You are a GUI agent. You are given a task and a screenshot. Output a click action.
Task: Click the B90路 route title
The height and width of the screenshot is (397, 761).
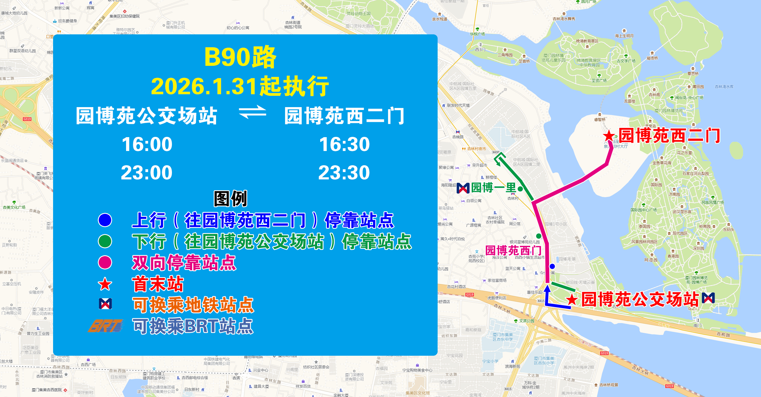[240, 57]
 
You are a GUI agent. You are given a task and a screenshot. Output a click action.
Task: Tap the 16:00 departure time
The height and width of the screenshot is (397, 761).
[147, 144]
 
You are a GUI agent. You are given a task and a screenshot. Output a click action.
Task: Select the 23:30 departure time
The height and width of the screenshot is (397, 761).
[344, 173]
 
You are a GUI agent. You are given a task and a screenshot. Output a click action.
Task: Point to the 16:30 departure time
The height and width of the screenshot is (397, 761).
[344, 144]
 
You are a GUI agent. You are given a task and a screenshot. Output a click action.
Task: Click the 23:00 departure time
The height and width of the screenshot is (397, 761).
[147, 173]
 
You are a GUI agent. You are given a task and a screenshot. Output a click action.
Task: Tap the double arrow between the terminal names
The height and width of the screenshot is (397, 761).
[253, 112]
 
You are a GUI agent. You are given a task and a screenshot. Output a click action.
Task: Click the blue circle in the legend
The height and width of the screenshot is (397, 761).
[105, 220]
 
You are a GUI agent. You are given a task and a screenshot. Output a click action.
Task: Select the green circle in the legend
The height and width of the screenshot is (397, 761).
[105, 241]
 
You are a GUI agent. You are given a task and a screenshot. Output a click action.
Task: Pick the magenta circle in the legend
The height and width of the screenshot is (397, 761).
[105, 262]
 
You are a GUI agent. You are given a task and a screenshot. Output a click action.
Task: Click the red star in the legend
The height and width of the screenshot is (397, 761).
[105, 284]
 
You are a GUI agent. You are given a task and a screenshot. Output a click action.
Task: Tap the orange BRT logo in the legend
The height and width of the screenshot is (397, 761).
[106, 326]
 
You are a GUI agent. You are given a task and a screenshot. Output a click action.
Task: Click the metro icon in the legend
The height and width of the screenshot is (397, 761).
[106, 304]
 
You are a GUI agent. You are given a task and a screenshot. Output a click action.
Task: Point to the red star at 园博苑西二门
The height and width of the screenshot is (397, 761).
[609, 136]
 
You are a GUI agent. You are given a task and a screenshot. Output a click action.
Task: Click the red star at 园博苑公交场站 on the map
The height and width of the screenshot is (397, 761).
[572, 300]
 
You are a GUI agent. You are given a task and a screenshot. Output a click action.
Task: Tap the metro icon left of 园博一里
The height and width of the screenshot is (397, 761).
[463, 188]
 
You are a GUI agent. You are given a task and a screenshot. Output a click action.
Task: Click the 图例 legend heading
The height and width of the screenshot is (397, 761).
[230, 199]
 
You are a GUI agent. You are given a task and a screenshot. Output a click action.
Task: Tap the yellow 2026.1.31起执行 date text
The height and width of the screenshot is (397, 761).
[240, 86]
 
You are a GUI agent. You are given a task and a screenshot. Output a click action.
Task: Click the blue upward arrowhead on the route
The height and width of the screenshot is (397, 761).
[547, 288]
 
